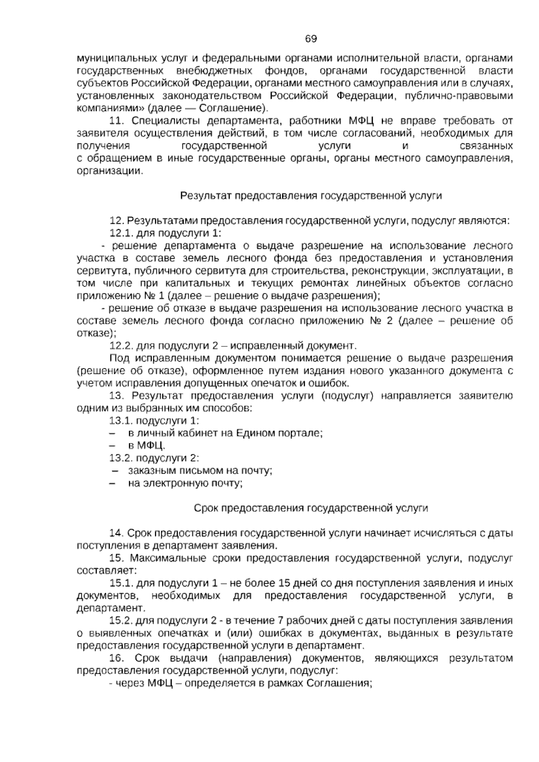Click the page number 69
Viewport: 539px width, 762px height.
[x=311, y=39]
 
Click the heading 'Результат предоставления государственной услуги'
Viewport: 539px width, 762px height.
[x=311, y=196]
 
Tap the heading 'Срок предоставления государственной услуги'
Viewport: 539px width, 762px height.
[x=311, y=508]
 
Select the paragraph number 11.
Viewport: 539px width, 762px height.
[x=117, y=121]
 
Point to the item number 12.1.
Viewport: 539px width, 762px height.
[x=120, y=233]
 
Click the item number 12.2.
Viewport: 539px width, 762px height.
[x=120, y=346]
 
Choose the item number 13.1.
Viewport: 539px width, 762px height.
[x=120, y=421]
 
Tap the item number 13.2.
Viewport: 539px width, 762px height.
[x=120, y=458]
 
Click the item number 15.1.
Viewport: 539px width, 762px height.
[x=120, y=583]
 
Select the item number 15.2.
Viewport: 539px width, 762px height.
[x=120, y=621]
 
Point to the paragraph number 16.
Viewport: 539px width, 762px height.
[x=117, y=659]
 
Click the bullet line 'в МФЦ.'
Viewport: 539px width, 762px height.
[x=146, y=446]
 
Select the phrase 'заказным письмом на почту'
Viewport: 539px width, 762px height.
[x=200, y=471]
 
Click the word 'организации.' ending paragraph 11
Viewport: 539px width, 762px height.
[x=111, y=171]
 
